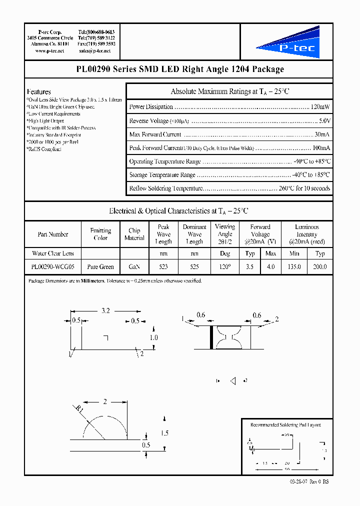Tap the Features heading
pos(38,92)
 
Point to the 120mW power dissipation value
pos(320,107)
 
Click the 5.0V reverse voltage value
pos(323,121)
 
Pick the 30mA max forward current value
pos(321,134)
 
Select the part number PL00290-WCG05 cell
pos(52,267)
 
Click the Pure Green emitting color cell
pos(100,267)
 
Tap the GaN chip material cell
pos(134,267)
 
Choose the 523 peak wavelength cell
pos(163,267)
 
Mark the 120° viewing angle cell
pos(225,267)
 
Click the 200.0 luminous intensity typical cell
pos(319,267)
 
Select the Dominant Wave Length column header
pos(194,234)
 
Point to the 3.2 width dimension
pos(105,310)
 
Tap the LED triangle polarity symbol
pos(232,381)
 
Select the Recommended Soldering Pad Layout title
pos(285,425)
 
